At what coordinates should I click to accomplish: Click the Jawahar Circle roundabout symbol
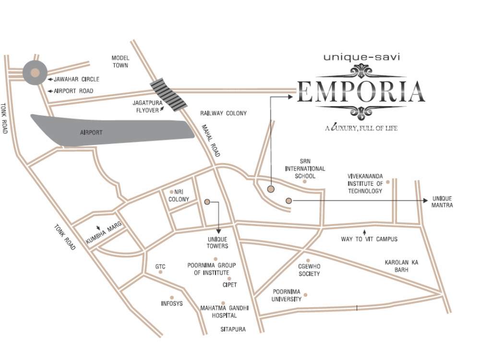(x=35, y=73)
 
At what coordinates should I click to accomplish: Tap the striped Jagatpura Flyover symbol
(x=168, y=94)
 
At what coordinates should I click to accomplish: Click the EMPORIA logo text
(x=360, y=92)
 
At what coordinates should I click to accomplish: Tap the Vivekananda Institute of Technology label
(x=365, y=183)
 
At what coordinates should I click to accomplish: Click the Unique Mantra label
(x=442, y=202)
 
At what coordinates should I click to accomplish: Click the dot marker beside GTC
(x=160, y=272)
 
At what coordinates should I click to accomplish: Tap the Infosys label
(x=172, y=303)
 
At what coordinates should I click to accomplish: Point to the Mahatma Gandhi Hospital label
(x=218, y=312)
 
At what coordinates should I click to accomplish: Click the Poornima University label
(x=287, y=295)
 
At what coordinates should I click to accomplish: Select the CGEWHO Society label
(x=309, y=270)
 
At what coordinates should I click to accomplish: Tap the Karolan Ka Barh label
(x=402, y=266)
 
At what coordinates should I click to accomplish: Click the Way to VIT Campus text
(x=369, y=239)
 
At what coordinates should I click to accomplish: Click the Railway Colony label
(x=223, y=113)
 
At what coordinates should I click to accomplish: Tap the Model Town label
(x=120, y=61)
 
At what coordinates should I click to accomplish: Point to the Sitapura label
(x=233, y=330)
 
